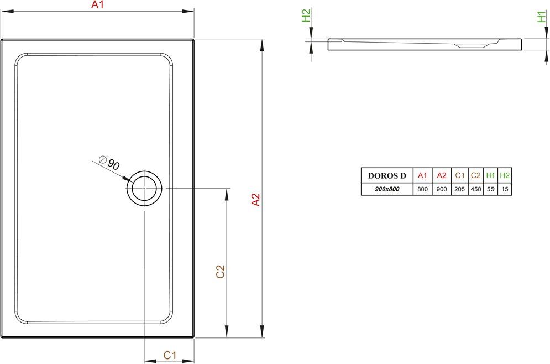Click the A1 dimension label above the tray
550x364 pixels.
[97, 4]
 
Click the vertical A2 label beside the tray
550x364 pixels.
[256, 200]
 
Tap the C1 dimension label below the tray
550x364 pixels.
[170, 355]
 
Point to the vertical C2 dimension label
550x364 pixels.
[220, 272]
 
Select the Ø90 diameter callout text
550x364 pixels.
[109, 163]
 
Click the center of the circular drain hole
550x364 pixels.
[144, 188]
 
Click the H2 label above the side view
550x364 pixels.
[306, 16]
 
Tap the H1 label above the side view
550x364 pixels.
[542, 17]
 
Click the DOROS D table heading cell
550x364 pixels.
[387, 175]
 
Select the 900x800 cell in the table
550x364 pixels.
[387, 189]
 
